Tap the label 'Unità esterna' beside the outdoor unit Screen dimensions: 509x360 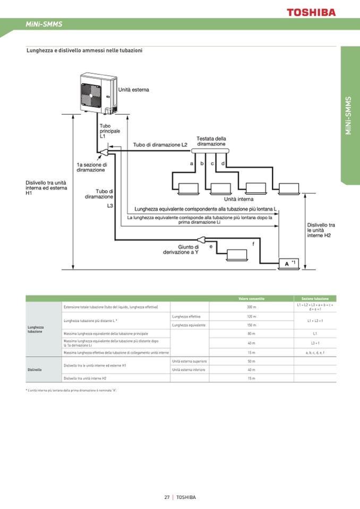133,90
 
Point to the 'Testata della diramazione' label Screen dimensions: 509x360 211,141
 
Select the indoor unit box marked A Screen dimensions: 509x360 287,263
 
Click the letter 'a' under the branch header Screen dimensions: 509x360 191,163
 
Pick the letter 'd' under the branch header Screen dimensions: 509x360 223,163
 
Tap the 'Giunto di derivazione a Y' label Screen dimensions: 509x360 181,249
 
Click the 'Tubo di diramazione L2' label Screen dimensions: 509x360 160,144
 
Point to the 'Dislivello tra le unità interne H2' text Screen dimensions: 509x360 321,230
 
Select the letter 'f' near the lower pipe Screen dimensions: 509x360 253,243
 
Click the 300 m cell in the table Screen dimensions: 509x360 251,307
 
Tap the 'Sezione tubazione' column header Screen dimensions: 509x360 315,298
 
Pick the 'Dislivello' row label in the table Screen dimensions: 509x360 35,369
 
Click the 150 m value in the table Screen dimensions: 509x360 251,325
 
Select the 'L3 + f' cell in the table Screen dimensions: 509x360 315,343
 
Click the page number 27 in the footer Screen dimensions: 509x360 167,497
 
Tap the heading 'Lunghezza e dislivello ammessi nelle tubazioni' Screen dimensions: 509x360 84,50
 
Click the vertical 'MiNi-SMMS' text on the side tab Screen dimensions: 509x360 348,116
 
